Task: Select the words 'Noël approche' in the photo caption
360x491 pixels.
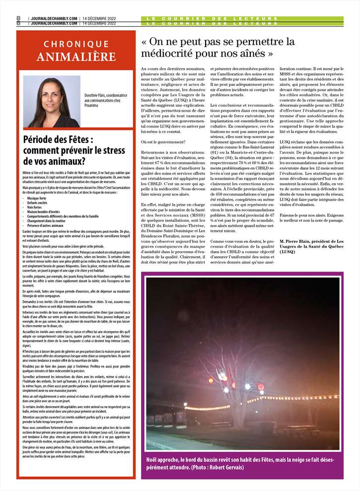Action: coord(162,459)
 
